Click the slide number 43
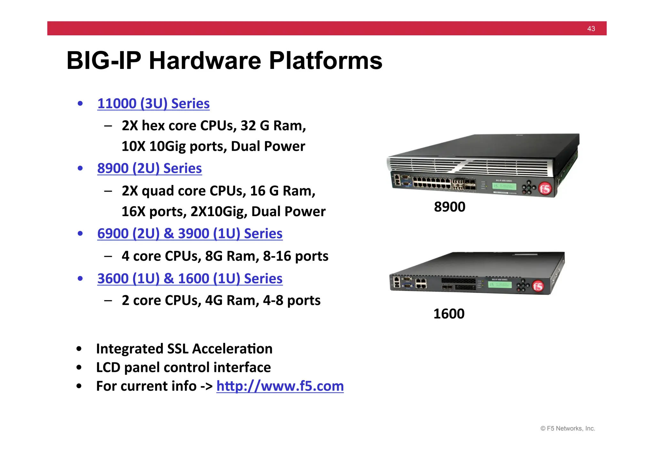591,29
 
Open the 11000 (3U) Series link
153,104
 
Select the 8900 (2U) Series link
149,169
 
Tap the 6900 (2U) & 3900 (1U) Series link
190,234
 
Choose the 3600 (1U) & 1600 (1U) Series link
190,279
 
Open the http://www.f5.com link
280,386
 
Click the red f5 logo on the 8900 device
545,189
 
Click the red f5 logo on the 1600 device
538,286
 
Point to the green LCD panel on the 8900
504,186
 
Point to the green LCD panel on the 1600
500,284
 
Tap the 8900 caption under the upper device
449,207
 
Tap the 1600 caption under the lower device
449,314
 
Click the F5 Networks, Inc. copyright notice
567,428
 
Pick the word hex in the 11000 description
153,126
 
